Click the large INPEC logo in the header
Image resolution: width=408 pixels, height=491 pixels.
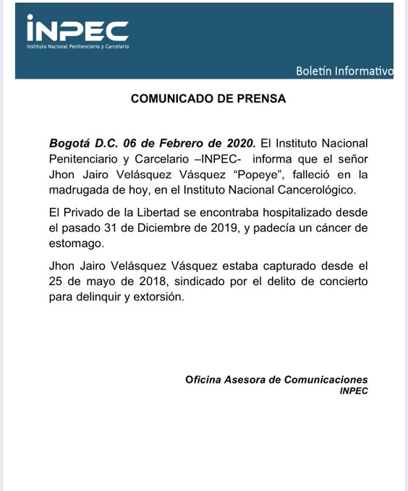pyautogui.click(x=77, y=29)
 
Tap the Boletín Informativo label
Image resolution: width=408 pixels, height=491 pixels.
pyautogui.click(x=344, y=71)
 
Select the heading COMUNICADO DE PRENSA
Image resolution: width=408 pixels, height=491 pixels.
pyautogui.click(x=208, y=100)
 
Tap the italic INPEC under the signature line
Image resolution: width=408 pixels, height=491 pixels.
pyautogui.click(x=353, y=391)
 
